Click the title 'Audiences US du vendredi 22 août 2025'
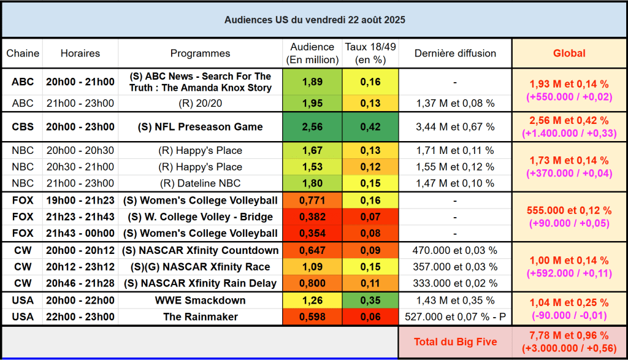(x=314, y=20)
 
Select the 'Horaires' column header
(x=80, y=53)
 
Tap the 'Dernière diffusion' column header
(x=455, y=53)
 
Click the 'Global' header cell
(x=569, y=53)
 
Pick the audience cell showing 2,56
(x=312, y=127)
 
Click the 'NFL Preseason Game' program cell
(x=200, y=127)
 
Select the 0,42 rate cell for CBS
(x=370, y=127)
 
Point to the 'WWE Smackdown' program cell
(x=200, y=301)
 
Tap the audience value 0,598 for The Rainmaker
(x=312, y=317)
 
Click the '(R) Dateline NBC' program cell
(x=200, y=183)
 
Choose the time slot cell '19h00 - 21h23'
(x=80, y=201)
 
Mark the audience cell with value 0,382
(x=312, y=217)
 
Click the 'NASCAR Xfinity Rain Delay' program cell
(x=200, y=283)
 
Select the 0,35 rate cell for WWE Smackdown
(x=370, y=301)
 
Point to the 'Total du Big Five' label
(x=455, y=342)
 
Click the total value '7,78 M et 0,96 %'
(x=569, y=335)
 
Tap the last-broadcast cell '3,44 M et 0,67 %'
(x=455, y=127)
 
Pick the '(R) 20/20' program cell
(x=200, y=103)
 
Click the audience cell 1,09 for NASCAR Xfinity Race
(x=312, y=267)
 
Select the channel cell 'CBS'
(x=23, y=127)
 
